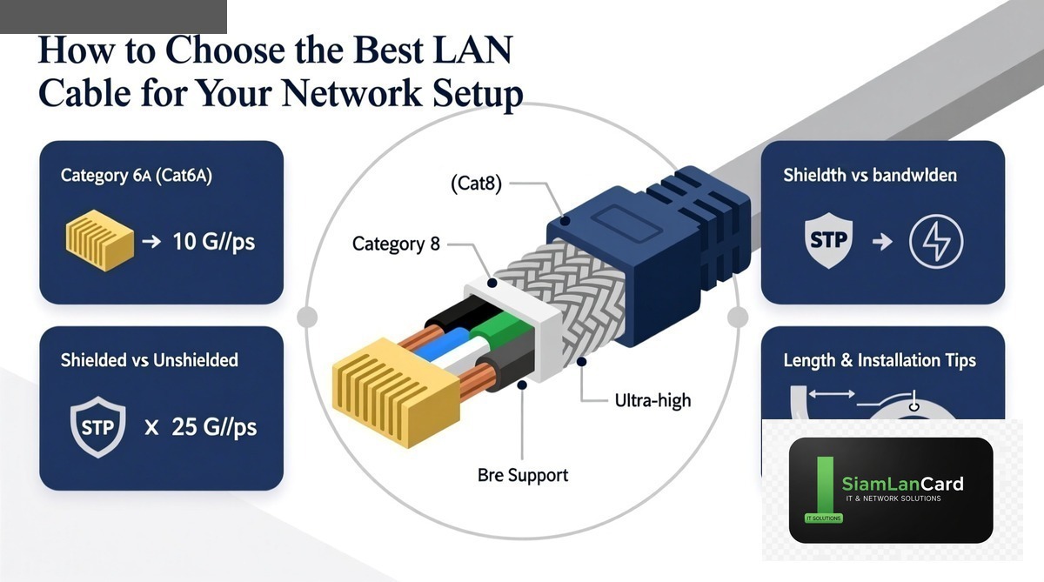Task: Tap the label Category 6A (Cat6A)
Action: [x=136, y=176]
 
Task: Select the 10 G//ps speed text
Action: [x=213, y=241]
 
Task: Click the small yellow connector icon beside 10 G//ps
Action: [x=100, y=240]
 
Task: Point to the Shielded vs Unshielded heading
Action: [x=149, y=360]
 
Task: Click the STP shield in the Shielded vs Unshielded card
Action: [x=97, y=427]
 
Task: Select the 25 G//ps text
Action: [x=214, y=427]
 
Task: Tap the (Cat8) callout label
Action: [x=477, y=184]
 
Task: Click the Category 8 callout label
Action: [x=396, y=244]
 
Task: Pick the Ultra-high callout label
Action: [x=652, y=401]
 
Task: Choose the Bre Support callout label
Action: [x=523, y=475]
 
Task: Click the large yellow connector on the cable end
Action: [x=396, y=392]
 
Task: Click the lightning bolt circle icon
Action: [x=936, y=241]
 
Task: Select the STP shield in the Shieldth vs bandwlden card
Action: [x=828, y=240]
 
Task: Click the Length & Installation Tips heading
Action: [x=880, y=360]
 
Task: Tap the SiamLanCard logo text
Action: [x=902, y=484]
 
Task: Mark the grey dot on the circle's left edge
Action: [x=307, y=317]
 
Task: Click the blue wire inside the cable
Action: [x=440, y=343]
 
